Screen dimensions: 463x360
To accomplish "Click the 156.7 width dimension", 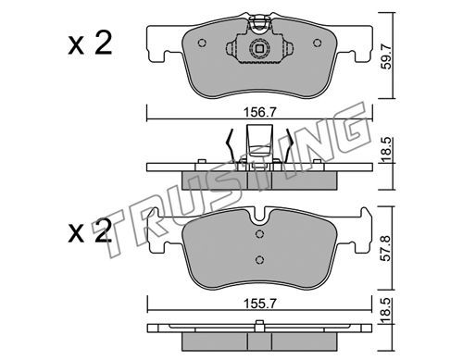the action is pyautogui.click(x=259, y=112).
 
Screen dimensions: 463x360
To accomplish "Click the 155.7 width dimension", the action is pyautogui.click(x=259, y=304).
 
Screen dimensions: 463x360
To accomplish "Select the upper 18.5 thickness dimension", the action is pyautogui.click(x=386, y=150).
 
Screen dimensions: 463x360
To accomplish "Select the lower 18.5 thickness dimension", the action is pyautogui.click(x=386, y=311).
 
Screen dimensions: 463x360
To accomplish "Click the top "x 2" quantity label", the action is pyautogui.click(x=90, y=44).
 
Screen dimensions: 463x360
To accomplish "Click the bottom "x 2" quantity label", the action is pyautogui.click(x=90, y=230).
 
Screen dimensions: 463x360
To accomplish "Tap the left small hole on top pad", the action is pyautogui.click(x=202, y=43).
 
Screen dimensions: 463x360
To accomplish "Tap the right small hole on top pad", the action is pyautogui.click(x=318, y=43).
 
